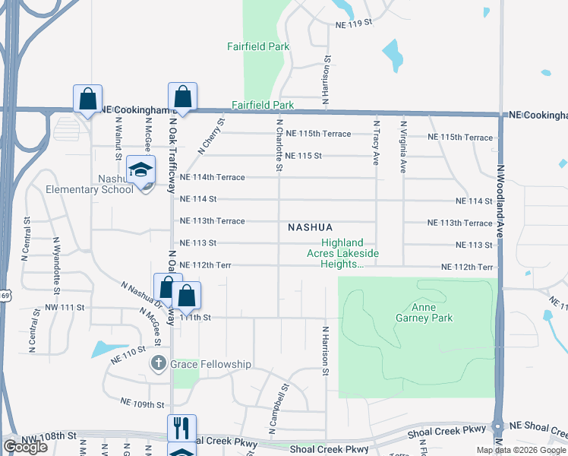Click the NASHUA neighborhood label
(x=311, y=227)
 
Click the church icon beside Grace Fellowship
(x=158, y=364)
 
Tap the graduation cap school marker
(x=140, y=169)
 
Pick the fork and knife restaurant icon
(x=181, y=428)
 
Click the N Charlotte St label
(x=279, y=144)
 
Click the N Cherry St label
(x=211, y=136)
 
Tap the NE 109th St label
(x=143, y=404)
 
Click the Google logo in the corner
(x=25, y=447)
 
